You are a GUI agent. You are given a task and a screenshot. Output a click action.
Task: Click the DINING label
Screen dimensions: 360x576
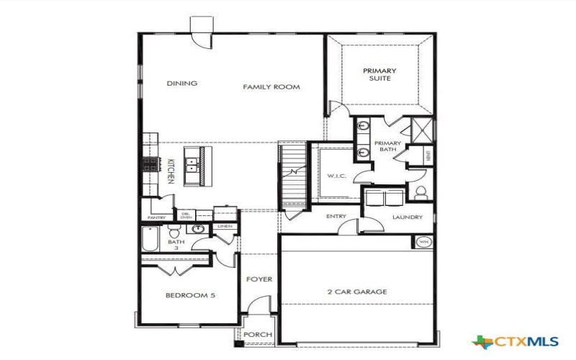181,84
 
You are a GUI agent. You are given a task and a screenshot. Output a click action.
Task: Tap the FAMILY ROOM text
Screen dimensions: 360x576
271,87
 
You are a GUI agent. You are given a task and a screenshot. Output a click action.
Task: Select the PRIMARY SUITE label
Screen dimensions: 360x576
379,74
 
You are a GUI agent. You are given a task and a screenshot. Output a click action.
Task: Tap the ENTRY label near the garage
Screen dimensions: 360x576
336,216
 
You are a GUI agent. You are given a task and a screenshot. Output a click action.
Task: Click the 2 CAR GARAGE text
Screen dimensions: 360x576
358,292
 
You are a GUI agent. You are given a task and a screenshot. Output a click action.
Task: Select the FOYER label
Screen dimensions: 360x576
259,279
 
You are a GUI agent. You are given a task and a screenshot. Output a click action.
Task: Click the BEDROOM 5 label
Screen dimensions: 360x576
190,295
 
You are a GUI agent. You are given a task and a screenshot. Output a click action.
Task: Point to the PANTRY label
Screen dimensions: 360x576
156,217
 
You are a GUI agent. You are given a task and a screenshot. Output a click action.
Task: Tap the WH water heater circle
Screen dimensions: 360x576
423,241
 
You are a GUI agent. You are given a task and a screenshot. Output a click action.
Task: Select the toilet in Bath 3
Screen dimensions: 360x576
174,233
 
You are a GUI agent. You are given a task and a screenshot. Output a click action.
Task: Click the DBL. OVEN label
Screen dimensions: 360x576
185,215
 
